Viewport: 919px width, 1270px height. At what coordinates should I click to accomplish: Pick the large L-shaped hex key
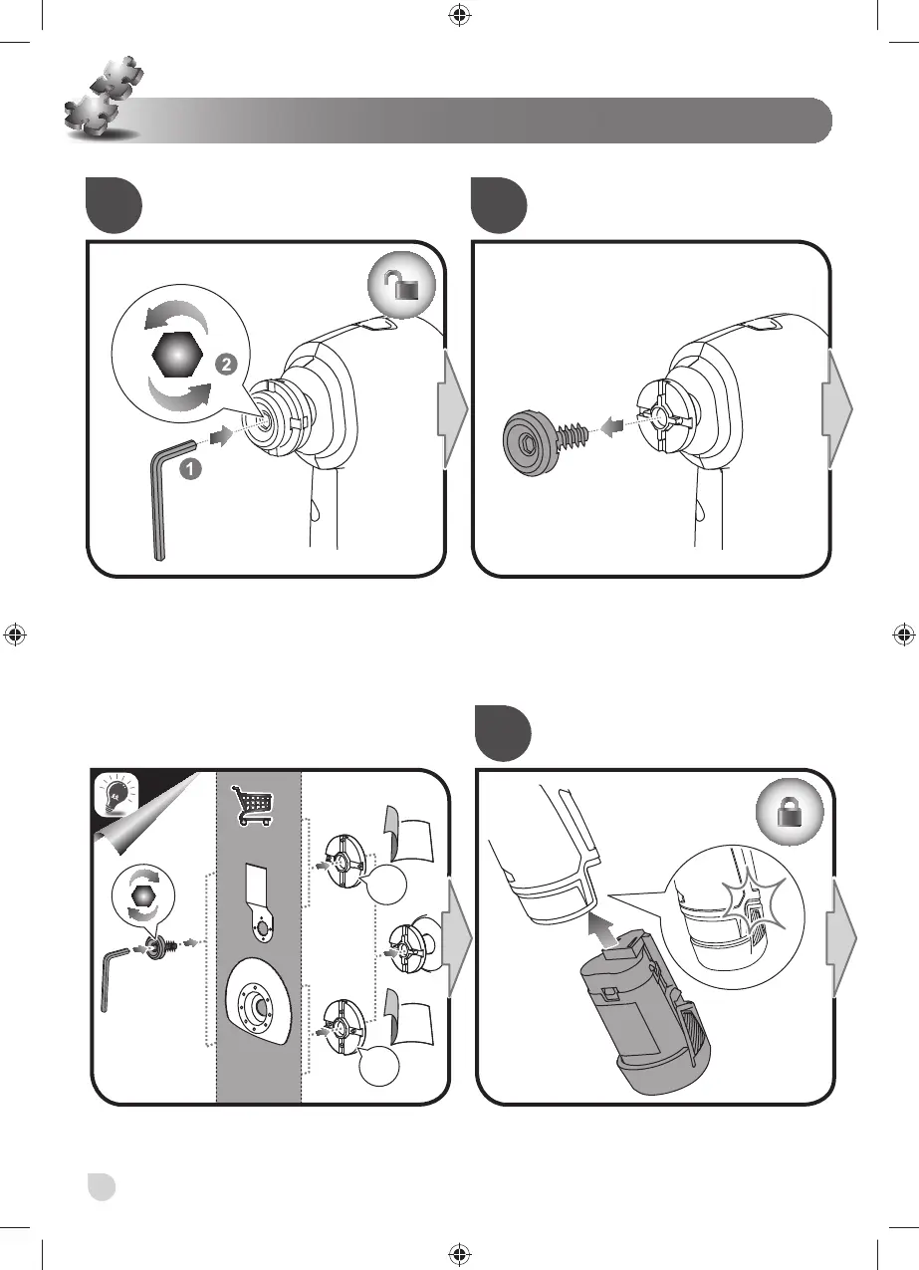tap(162, 498)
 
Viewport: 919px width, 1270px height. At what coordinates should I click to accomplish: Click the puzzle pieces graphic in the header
tap(101, 98)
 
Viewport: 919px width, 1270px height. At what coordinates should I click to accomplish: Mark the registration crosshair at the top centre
tap(458, 15)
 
